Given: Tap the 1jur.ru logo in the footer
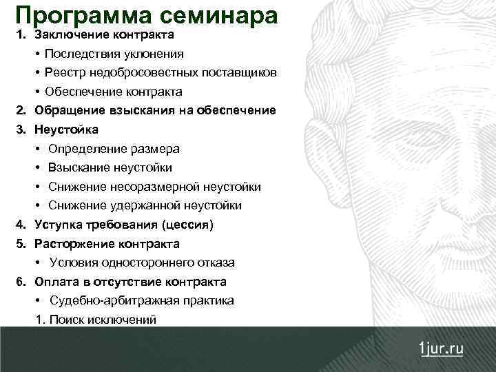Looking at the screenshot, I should [442, 348].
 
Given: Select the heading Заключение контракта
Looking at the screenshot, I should [104, 34].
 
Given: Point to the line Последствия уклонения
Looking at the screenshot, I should [114, 54].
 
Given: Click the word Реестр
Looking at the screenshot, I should [62, 72].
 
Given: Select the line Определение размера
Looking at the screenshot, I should [114, 149].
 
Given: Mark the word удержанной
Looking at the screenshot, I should [143, 205].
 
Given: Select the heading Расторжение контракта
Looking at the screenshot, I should [107, 244].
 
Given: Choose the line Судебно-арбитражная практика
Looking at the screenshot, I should [141, 300].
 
